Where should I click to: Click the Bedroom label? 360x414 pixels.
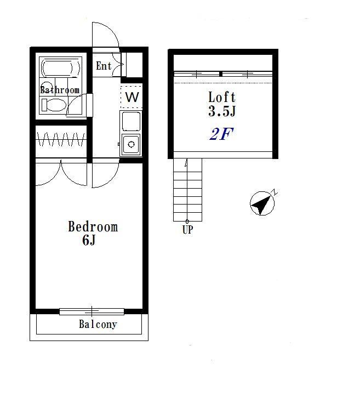tap(93, 226)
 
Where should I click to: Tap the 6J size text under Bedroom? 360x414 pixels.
tap(89, 240)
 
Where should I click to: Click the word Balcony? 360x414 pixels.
tap(98, 324)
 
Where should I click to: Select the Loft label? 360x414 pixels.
tap(222, 97)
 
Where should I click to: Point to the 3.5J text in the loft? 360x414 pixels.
tap(222, 111)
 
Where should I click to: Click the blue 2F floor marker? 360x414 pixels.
tap(221, 134)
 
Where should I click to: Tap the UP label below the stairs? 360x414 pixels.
tap(187, 230)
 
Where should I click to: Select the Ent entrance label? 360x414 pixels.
tap(104, 66)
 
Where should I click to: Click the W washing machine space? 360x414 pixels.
tap(132, 97)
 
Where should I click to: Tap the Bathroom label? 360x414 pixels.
tap(60, 90)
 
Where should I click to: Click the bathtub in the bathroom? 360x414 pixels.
tap(60, 67)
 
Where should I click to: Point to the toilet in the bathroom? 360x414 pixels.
tap(54, 105)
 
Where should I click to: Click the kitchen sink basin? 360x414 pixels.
tap(131, 144)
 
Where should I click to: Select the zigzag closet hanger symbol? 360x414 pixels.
tap(61, 139)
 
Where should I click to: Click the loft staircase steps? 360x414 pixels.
tap(187, 190)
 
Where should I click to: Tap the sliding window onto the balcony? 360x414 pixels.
tap(92, 311)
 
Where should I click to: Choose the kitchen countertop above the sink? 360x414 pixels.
tap(131, 121)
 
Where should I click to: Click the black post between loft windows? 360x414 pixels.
tap(221, 74)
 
